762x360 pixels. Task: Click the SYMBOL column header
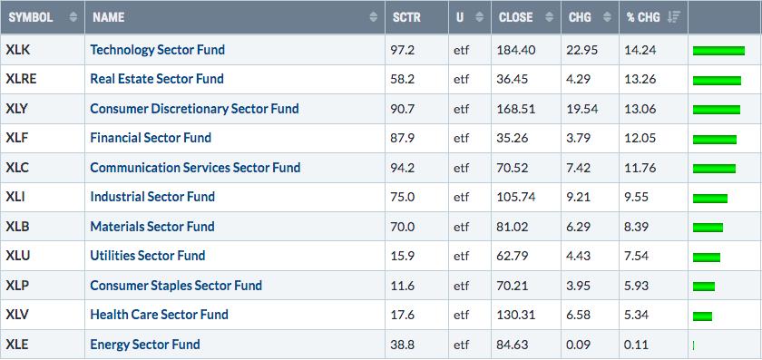click(31, 17)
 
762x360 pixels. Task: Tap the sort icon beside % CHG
click(673, 17)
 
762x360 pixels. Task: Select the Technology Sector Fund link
click(158, 50)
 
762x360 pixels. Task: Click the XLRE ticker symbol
click(21, 79)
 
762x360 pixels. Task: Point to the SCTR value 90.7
click(403, 108)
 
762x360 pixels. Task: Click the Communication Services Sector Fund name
click(195, 168)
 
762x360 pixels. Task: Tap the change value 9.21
click(579, 197)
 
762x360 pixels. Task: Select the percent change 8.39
click(637, 227)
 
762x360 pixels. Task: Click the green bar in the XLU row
click(707, 257)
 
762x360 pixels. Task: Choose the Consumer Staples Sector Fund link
click(176, 285)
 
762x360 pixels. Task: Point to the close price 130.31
click(515, 315)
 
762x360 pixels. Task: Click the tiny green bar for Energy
click(693, 345)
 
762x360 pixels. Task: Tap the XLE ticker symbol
click(17, 345)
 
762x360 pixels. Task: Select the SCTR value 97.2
click(403, 50)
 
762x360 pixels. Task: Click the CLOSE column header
click(515, 17)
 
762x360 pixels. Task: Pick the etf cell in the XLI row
click(462, 197)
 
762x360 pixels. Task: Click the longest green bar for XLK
click(718, 51)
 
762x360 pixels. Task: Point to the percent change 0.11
click(637, 345)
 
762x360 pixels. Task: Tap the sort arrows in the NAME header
click(373, 17)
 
